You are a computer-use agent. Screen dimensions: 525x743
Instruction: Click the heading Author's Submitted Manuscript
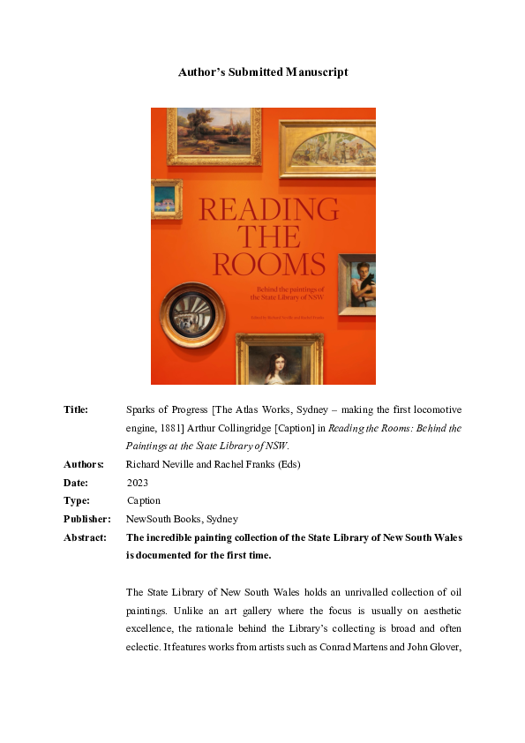pos(263,71)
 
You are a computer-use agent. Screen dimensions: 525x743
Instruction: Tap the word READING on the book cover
pos(269,209)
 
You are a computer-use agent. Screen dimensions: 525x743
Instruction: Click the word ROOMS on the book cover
pos(269,264)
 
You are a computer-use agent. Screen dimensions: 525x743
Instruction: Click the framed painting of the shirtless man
pos(358,283)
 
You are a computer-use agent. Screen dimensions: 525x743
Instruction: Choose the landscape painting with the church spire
pos(214,135)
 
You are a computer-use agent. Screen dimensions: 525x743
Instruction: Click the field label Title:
pos(76,410)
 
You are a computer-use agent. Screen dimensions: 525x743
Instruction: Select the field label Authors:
pos(83,464)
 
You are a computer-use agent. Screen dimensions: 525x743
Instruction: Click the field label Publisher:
pos(86,519)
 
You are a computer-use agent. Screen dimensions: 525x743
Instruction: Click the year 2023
pos(138,483)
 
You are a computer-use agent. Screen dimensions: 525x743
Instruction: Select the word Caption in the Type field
pos(144,500)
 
